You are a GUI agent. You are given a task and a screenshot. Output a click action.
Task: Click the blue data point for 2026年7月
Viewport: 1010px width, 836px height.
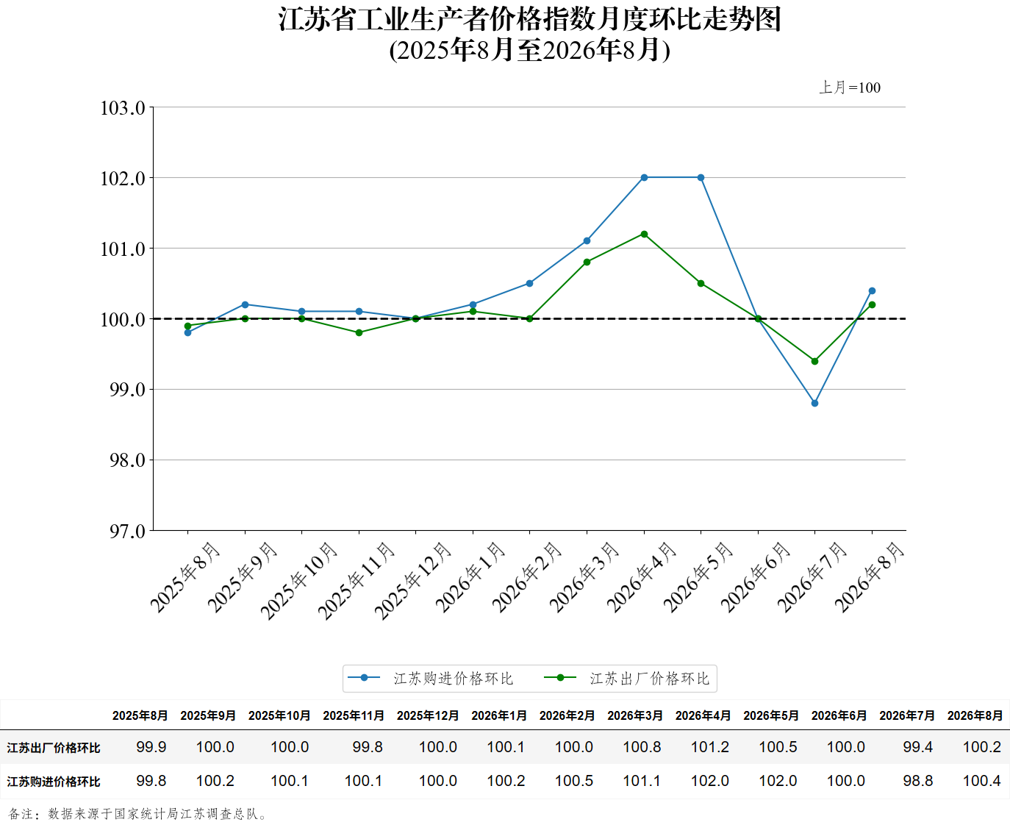(x=814, y=403)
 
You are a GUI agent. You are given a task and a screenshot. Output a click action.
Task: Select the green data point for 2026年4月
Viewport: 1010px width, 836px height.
(x=644, y=234)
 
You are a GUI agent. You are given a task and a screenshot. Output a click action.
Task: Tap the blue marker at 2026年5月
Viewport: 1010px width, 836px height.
(x=701, y=177)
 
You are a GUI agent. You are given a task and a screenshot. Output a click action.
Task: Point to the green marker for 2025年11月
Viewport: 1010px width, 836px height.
(x=359, y=333)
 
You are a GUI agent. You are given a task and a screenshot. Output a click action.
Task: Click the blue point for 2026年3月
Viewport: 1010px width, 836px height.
(x=587, y=241)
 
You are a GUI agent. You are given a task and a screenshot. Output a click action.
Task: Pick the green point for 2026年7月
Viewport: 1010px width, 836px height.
(x=814, y=362)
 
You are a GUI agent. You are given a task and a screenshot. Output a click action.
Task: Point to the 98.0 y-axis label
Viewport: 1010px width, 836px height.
(x=127, y=460)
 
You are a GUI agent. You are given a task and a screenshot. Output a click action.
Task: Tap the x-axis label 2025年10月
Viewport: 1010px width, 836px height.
(x=299, y=582)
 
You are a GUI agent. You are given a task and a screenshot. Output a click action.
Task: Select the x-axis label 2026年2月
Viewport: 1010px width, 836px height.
(x=527, y=578)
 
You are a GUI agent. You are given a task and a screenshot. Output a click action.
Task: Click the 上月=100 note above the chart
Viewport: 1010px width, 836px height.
(x=850, y=87)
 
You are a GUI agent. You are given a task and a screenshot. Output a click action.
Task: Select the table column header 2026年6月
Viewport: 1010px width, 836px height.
(x=839, y=715)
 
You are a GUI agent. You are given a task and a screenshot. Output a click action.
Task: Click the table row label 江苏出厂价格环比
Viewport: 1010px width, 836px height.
(x=53, y=748)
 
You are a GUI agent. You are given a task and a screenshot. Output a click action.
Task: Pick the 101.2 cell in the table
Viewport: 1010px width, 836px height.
(x=709, y=747)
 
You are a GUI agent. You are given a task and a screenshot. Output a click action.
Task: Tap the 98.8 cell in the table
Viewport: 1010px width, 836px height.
(x=917, y=781)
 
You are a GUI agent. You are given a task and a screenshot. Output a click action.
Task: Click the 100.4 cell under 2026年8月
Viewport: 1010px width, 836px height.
(x=981, y=781)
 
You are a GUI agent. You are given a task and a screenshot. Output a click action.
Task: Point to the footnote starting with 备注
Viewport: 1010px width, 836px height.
(x=137, y=814)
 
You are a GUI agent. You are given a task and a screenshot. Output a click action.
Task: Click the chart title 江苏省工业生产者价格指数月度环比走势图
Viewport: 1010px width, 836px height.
(x=530, y=19)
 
